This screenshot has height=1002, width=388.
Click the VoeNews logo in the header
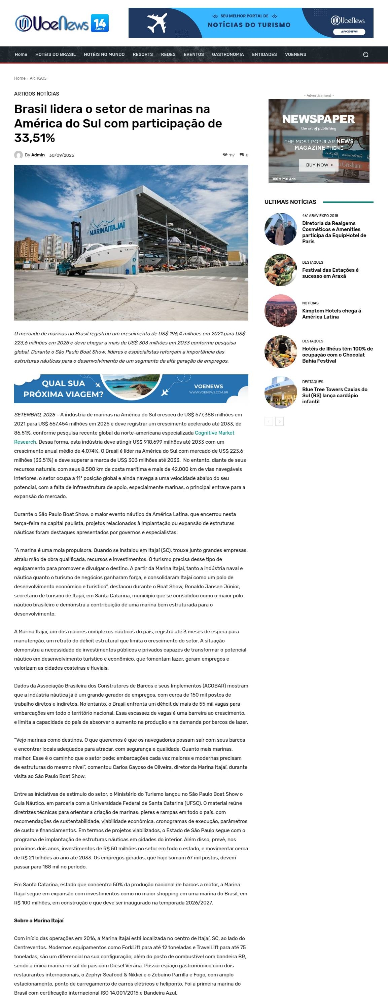coord(62,23)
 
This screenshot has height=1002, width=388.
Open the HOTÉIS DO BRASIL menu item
coord(55,54)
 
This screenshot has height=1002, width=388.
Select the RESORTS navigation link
coord(142,54)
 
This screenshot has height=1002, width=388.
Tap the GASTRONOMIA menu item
coord(228,54)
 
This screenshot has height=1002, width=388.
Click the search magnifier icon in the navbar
coord(365,54)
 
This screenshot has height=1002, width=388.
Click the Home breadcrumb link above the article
coord(20,78)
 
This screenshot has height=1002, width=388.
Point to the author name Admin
coord(38,155)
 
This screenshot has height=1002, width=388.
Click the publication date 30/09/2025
coord(62,155)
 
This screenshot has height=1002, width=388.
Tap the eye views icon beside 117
coord(225,155)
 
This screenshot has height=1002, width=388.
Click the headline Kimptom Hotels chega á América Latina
coord(331,313)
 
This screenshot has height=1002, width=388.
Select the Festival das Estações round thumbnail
coord(281,270)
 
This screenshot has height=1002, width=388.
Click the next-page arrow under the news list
coord(279,422)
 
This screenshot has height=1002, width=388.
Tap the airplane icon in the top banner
coord(157,23)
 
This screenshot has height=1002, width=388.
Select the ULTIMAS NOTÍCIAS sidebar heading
coord(290,202)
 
